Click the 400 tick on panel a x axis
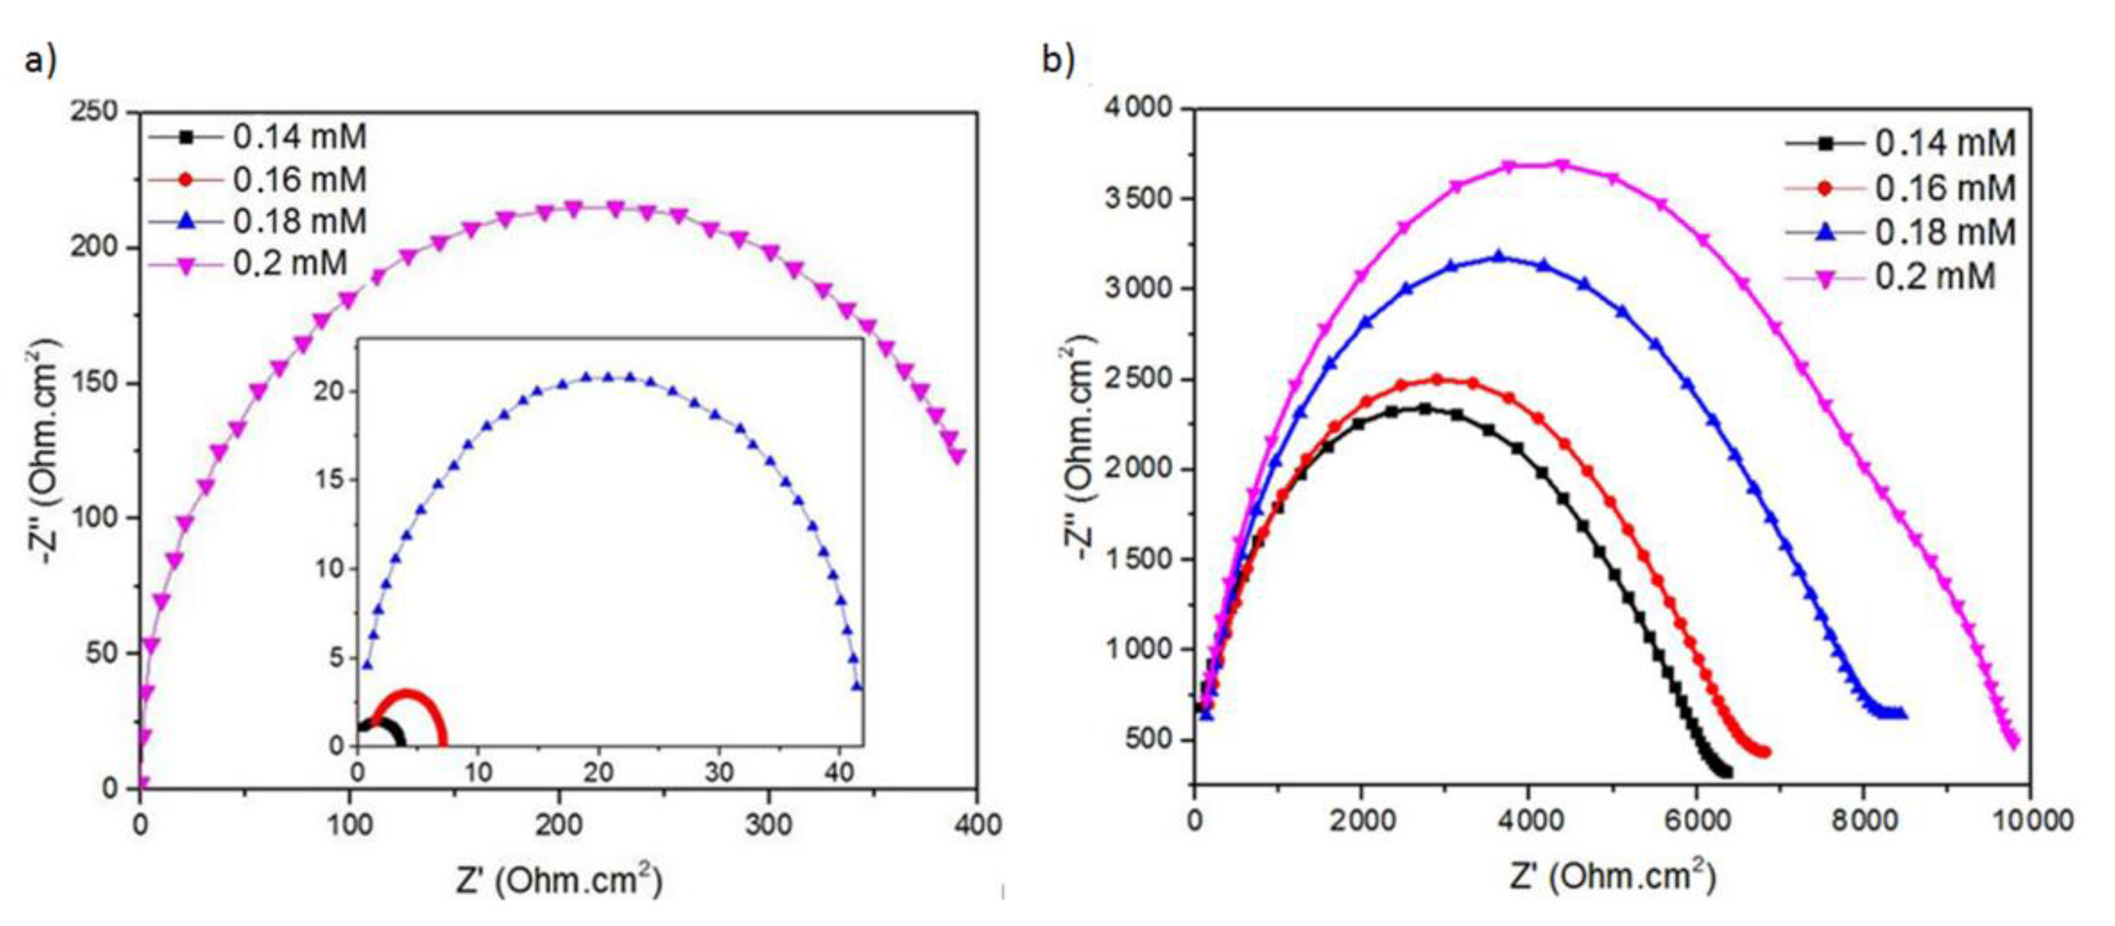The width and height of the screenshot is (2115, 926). pos(976,824)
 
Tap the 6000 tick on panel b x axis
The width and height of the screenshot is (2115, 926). pos(1695,820)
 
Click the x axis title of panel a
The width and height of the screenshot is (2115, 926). pos(559,881)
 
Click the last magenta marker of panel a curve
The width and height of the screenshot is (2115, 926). pos(957,456)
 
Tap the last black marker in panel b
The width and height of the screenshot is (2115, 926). pos(1720,773)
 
